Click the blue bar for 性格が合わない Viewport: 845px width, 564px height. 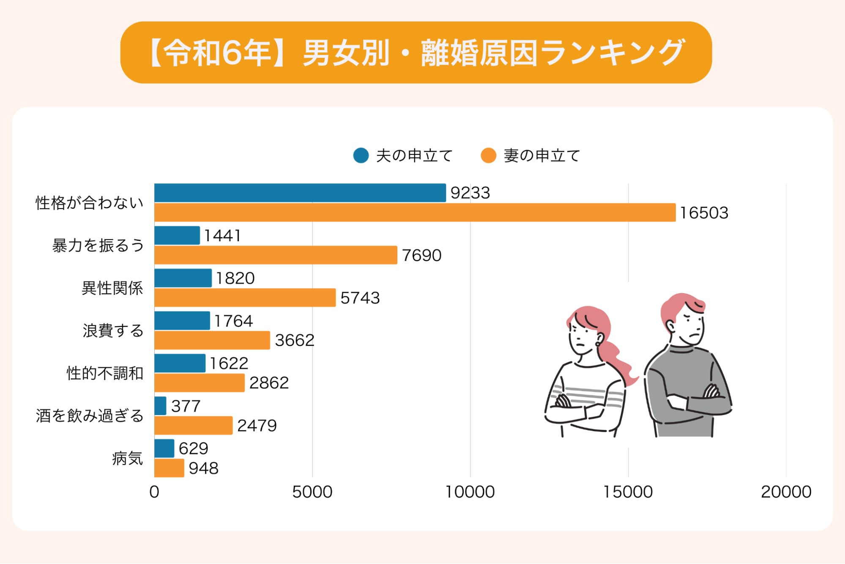tap(300, 193)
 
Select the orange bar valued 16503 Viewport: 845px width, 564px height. tap(414, 212)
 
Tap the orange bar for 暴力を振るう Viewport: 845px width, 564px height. tap(276, 255)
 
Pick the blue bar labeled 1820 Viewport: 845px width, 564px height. tap(183, 278)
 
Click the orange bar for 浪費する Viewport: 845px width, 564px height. tap(212, 340)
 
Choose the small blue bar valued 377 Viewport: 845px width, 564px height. tap(160, 406)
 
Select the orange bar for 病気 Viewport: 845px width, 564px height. tap(169, 468)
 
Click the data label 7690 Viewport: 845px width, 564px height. tap(421, 256)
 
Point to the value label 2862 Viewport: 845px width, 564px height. tap(269, 383)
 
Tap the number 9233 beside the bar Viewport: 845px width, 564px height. tap(470, 193)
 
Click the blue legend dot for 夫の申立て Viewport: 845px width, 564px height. tap(361, 156)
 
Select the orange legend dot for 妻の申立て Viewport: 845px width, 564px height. tap(488, 156)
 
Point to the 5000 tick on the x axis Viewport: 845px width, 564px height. tap(312, 492)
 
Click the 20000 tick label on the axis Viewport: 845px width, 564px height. tap(786, 492)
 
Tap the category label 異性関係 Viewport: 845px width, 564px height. tap(112, 288)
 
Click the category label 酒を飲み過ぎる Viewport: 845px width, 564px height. tap(90, 416)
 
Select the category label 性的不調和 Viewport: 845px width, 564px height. tap(105, 373)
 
